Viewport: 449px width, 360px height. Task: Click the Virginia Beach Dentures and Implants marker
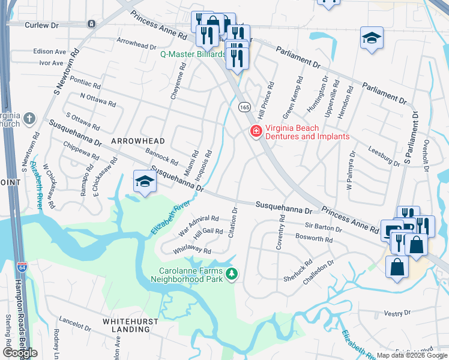256,131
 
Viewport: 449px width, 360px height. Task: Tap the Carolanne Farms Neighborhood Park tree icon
232,275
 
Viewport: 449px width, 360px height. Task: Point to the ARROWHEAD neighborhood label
137,140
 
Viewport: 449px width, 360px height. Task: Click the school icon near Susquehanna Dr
144,181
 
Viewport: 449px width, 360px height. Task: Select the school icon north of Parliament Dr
372,38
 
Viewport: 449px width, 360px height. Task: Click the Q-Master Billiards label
192,53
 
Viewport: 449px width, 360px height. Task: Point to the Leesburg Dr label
384,158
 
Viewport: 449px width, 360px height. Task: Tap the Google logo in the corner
20,353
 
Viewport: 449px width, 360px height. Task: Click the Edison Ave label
50,52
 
